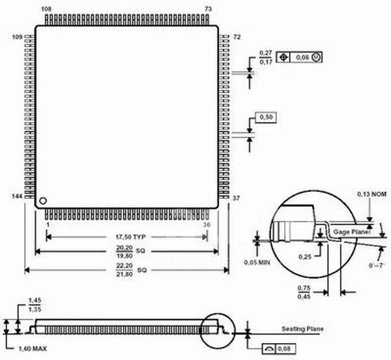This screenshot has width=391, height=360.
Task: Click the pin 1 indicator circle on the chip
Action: [43, 201]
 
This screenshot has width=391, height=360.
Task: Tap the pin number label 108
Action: [46, 9]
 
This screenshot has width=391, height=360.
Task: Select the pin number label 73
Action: [209, 9]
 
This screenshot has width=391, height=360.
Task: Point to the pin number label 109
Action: [17, 37]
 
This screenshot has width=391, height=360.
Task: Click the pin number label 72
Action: [237, 37]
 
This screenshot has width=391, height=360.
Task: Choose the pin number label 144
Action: [17, 196]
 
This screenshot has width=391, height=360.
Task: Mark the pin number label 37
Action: [236, 198]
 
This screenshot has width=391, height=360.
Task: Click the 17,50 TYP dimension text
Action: [130, 237]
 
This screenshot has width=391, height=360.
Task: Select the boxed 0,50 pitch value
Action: [266, 117]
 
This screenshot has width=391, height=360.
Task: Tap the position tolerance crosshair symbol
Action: [283, 57]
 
